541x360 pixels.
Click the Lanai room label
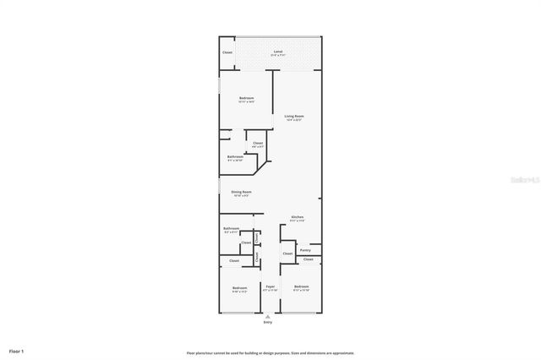[x=278, y=52]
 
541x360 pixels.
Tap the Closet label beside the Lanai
[x=227, y=52]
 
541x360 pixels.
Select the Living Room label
[x=293, y=116]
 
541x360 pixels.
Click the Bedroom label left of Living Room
[x=247, y=99]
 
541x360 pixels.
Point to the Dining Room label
[x=242, y=192]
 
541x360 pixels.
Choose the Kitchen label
[x=298, y=217]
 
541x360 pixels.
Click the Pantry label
[x=305, y=250]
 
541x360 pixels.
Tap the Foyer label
[x=270, y=287]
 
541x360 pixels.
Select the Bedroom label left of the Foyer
[x=239, y=287]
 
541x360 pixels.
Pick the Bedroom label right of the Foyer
[x=302, y=287]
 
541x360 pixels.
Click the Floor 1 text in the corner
[x=17, y=350]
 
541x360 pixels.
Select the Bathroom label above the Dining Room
[x=236, y=156]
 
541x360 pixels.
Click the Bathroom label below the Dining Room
[x=231, y=228]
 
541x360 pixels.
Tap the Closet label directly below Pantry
[x=309, y=259]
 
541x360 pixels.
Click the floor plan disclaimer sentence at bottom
[x=270, y=353]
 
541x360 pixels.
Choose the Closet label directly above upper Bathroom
[x=258, y=143]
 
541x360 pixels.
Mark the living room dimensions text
[x=293, y=120]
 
